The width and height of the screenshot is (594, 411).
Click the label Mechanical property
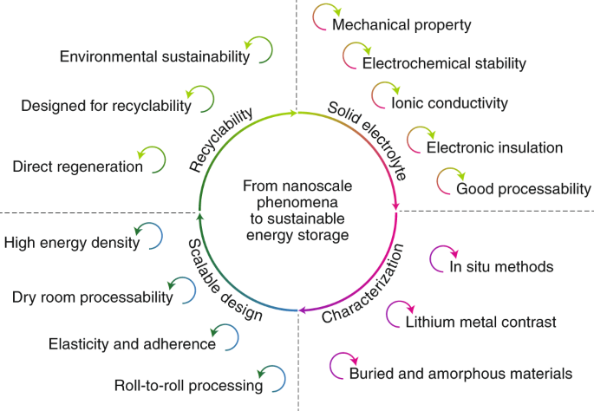(x=401, y=25)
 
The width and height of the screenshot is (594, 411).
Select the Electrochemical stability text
(x=444, y=63)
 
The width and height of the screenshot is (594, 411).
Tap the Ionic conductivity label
(x=449, y=103)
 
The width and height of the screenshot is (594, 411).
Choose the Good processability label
(x=523, y=188)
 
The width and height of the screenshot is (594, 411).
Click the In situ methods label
(x=501, y=267)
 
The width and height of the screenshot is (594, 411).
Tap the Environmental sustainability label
(x=155, y=56)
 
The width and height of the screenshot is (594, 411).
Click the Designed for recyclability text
(x=106, y=106)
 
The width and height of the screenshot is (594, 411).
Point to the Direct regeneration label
(x=77, y=166)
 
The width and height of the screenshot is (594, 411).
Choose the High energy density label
(x=71, y=243)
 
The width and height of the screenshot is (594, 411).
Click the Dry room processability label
(x=93, y=298)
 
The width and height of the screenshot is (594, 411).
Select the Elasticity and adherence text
(x=132, y=344)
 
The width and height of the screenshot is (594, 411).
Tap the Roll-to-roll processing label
(x=188, y=385)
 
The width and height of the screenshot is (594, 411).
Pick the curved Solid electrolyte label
(x=369, y=135)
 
